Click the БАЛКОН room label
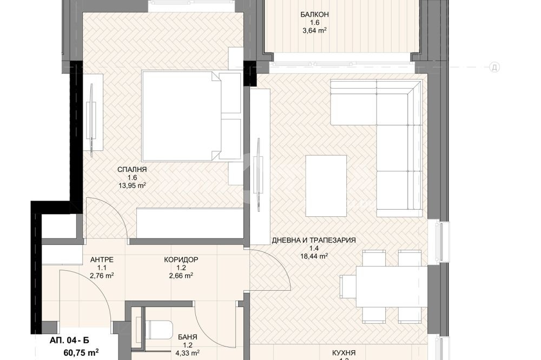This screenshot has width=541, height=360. point(314,15)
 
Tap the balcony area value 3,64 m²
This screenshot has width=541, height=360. point(314,31)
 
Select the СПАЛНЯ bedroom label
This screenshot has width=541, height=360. point(132,169)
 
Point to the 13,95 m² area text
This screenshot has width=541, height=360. point(132,185)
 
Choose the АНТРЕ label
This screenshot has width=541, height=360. point(101,259)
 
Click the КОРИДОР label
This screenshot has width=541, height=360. point(181,259)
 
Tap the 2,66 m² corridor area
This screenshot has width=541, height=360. point(181,275)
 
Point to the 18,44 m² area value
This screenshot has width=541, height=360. point(314,256)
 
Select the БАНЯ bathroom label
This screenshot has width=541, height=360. point(187,337)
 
